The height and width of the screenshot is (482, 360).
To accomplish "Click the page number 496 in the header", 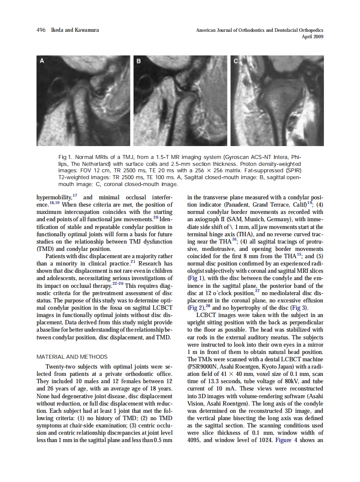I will (41, 31).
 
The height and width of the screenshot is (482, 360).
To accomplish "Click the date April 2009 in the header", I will (312, 37).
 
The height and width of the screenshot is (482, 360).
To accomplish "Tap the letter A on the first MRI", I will (42, 61).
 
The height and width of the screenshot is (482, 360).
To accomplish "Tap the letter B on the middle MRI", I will (139, 61).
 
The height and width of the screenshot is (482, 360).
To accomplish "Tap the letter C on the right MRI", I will (236, 61).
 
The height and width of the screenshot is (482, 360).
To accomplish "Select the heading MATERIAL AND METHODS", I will (72, 357).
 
